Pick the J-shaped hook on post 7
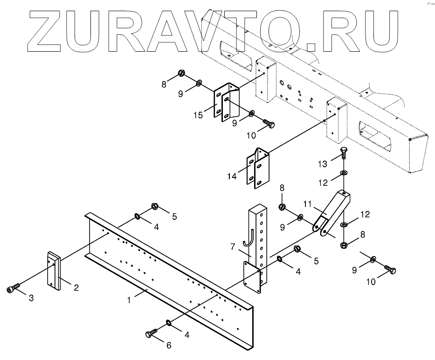pos(249,238)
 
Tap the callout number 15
pos(198,115)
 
